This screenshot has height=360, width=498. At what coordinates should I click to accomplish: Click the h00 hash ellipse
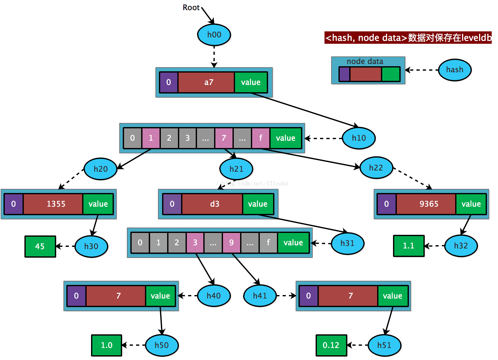point(214,35)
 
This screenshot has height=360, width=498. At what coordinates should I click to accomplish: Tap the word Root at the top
point(191,8)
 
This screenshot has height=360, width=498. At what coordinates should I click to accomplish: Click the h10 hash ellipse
point(359,138)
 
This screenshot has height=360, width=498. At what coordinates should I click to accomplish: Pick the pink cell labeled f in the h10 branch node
point(260,138)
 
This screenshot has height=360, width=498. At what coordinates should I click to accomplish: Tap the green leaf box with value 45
point(40,247)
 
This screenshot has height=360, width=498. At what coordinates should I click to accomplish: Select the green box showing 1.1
point(409,246)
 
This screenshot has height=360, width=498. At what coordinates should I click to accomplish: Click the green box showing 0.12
point(331,345)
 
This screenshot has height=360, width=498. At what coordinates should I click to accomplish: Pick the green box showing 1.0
point(107,345)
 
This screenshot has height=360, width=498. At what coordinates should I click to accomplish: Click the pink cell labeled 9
point(231,242)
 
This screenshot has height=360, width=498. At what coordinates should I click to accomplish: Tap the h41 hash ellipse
point(260,296)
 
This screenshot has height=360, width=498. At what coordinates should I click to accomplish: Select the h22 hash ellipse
point(376,168)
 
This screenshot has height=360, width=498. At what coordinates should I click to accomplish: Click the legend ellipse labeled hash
point(455,70)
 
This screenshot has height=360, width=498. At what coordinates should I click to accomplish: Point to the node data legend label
point(365,61)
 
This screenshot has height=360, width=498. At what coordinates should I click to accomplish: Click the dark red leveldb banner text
point(408,38)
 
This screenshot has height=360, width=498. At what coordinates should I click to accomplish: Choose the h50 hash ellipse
point(162,345)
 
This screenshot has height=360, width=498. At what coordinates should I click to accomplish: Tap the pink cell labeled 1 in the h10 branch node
point(151,138)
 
